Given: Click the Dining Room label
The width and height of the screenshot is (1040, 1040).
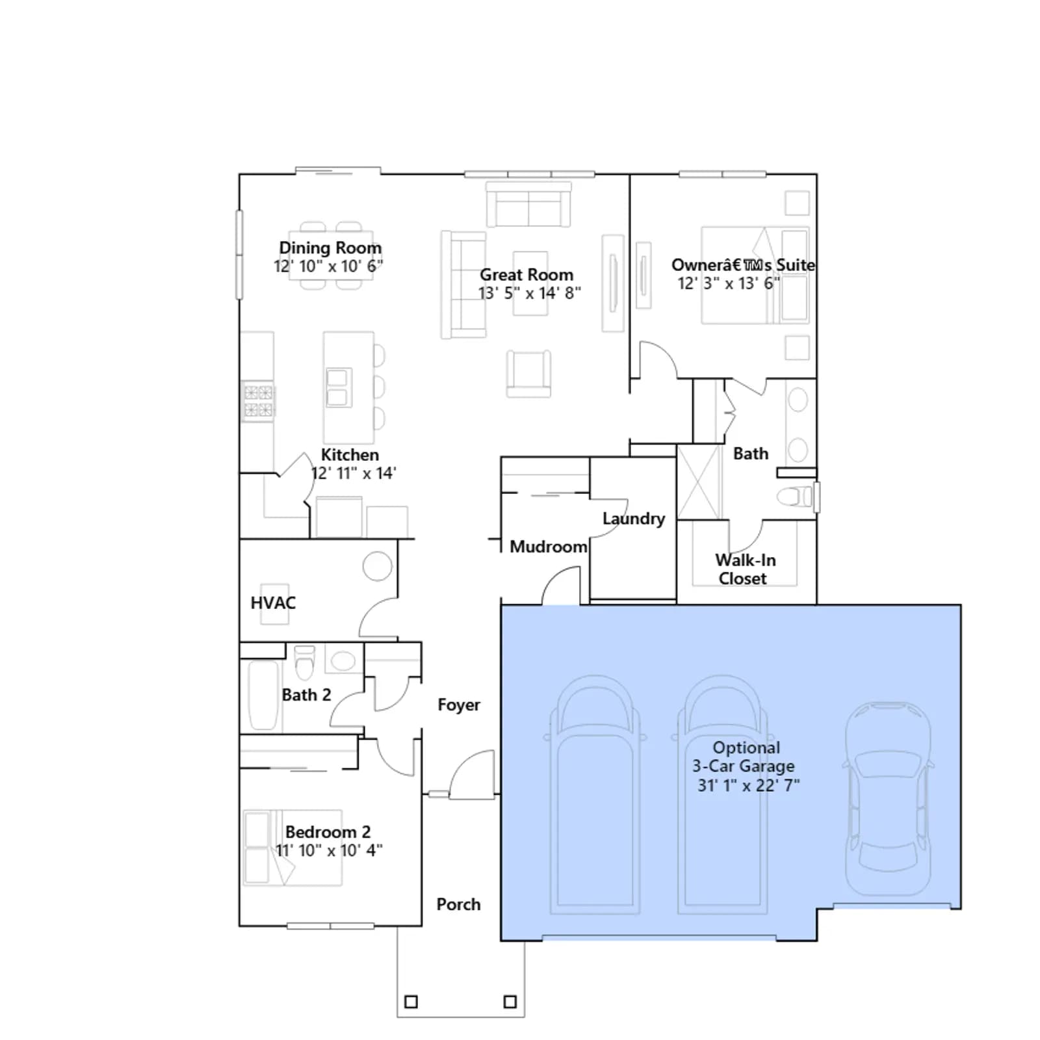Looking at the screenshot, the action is point(330,248).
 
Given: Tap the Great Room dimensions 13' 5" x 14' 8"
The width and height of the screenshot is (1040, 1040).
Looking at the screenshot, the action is point(530,293).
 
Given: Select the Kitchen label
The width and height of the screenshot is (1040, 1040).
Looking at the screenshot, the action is point(350,454).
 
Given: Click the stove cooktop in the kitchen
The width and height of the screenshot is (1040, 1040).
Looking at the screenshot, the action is point(258,400).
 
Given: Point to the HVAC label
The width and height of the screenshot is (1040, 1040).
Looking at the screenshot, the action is point(273,603).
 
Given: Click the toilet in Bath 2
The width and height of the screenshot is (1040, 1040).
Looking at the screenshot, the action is point(304,662).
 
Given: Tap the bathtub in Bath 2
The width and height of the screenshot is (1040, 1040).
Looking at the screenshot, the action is point(263,695).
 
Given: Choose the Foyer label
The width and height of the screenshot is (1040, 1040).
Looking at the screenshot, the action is point(459,705).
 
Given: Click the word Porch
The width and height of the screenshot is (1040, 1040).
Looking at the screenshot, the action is point(459,904).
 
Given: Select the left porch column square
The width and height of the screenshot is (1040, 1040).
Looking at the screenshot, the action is point(411,1002).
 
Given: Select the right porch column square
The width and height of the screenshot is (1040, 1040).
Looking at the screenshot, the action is point(510,1002).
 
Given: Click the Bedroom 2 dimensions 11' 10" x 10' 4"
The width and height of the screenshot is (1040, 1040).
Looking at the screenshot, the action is point(329,850).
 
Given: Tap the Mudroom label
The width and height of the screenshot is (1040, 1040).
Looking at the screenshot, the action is point(549,547).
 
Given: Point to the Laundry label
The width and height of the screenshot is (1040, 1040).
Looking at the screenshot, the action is point(634,519).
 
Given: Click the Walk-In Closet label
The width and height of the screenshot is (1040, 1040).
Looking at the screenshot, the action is point(745,569).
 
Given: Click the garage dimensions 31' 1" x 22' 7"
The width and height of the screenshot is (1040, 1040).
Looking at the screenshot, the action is point(749,785).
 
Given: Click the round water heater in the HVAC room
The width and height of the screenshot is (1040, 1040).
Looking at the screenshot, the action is point(378,566).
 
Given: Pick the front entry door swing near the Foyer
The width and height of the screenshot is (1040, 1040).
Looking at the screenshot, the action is point(473,773).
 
